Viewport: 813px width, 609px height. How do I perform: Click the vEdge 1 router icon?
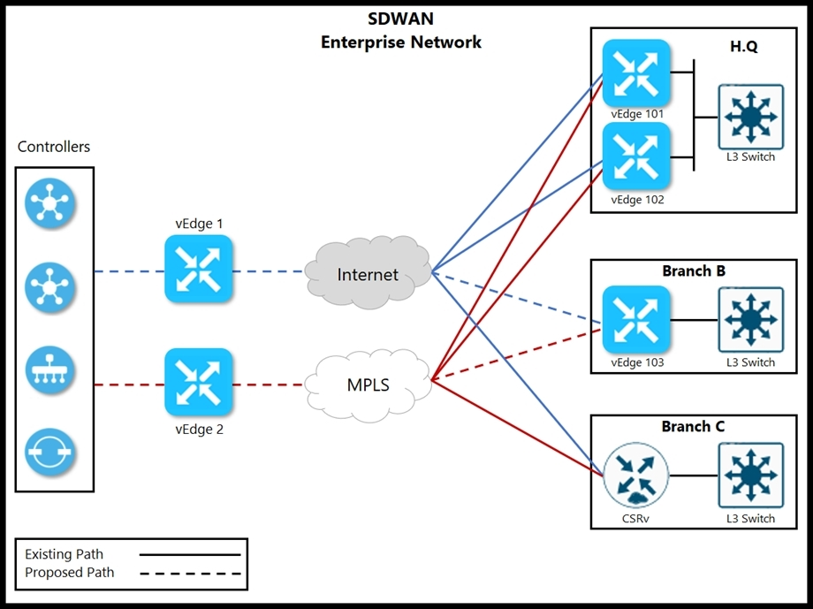click(x=199, y=269)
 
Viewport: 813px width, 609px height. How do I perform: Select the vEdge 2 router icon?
click(x=199, y=383)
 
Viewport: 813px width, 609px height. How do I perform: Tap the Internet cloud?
click(x=368, y=272)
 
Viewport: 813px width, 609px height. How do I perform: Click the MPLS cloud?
click(x=368, y=384)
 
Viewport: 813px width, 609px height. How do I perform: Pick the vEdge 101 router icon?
click(x=636, y=73)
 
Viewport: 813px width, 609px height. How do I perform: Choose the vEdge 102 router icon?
click(x=636, y=156)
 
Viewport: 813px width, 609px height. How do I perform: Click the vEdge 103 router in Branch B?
click(x=636, y=319)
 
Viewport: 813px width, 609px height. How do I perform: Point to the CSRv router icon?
click(x=635, y=475)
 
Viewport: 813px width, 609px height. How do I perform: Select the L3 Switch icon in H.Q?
click(x=751, y=118)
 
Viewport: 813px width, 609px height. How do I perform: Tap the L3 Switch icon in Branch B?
click(x=751, y=320)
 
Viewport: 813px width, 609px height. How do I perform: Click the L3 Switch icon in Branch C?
click(x=751, y=476)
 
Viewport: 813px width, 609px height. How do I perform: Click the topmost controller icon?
click(x=49, y=202)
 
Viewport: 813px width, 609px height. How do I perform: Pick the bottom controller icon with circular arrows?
click(x=49, y=452)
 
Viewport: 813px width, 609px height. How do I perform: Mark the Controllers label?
click(x=53, y=147)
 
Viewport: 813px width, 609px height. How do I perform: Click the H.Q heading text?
click(x=743, y=47)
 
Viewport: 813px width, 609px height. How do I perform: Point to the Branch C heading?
click(x=693, y=426)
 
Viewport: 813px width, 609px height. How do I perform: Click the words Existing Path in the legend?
click(x=64, y=554)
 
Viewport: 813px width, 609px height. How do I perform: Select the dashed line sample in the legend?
click(x=190, y=574)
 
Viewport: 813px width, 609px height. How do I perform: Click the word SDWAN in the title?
click(x=401, y=19)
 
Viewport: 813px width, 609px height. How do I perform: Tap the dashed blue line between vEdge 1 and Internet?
click(x=268, y=271)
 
